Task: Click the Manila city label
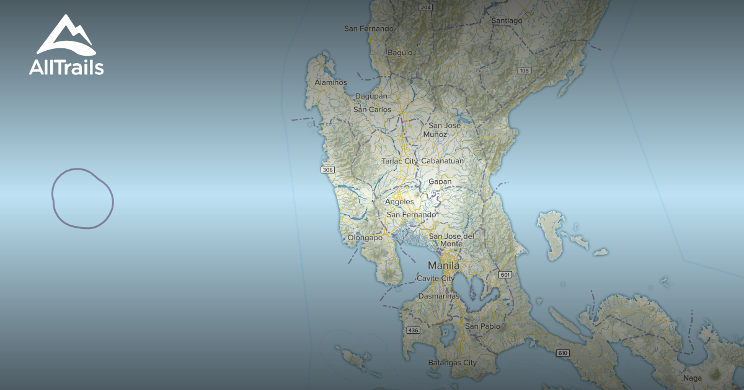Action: [443, 266]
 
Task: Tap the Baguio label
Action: [400, 53]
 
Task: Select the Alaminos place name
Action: [330, 82]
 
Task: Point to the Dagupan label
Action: [371, 96]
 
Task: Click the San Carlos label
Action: [372, 110]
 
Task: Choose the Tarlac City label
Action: [399, 161]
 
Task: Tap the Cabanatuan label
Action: [442, 161]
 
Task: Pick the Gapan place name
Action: [440, 182]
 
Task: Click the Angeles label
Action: [399, 202]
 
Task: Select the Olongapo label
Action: [365, 238]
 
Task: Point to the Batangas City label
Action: [452, 363]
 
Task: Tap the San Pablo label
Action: [482, 326]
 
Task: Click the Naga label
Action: [692, 378]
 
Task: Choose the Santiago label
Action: [507, 20]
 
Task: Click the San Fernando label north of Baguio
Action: [369, 28]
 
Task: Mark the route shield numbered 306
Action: [328, 170]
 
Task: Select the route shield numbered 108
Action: [525, 71]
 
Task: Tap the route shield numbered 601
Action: [505, 274]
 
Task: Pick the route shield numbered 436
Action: [413, 330]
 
